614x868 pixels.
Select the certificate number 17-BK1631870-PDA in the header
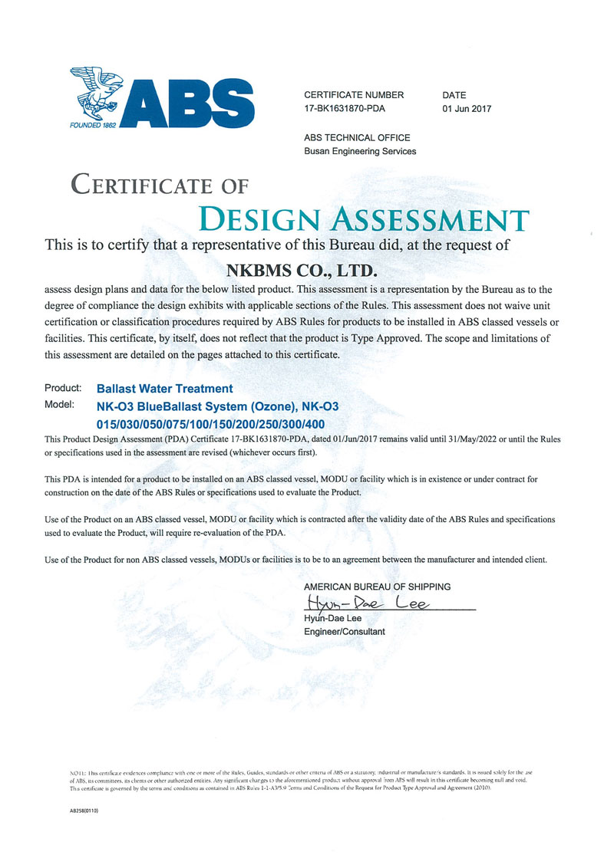[345, 109]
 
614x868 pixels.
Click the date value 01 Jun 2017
[467, 109]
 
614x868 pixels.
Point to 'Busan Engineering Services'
[360, 151]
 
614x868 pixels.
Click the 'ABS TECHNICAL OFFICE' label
[357, 138]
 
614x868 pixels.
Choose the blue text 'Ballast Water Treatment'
[164, 390]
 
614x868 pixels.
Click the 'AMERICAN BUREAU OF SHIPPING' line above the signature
[377, 587]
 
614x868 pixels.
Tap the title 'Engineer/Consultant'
[345, 632]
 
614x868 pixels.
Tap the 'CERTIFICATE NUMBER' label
[354, 95]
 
